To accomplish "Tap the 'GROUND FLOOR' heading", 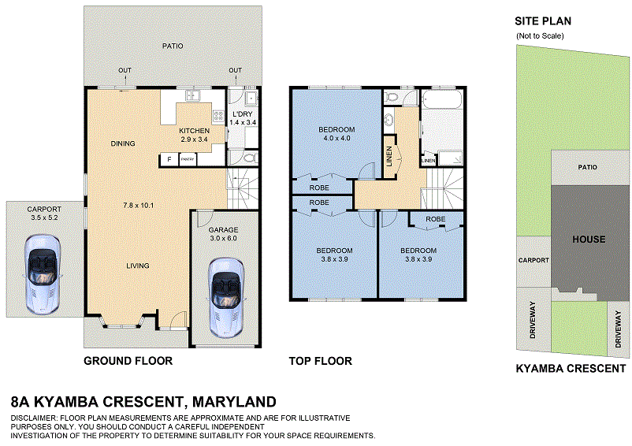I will (x=128, y=362).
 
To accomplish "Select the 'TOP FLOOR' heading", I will (x=320, y=362).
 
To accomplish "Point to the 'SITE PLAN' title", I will (x=543, y=21).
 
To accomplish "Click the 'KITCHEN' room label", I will (x=194, y=131).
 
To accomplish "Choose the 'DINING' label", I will (x=123, y=143).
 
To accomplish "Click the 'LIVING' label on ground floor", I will (x=138, y=266).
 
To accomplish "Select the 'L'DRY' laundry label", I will (x=243, y=114).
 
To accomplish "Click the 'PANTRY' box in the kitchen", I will (x=188, y=160).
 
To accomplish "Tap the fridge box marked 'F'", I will (x=168, y=160).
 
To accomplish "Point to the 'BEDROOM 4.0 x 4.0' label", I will (x=336, y=134).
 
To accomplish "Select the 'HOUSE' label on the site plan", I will (x=589, y=240).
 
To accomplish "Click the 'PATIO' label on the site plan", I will (x=587, y=167).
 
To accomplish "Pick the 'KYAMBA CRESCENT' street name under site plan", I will (x=571, y=368).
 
